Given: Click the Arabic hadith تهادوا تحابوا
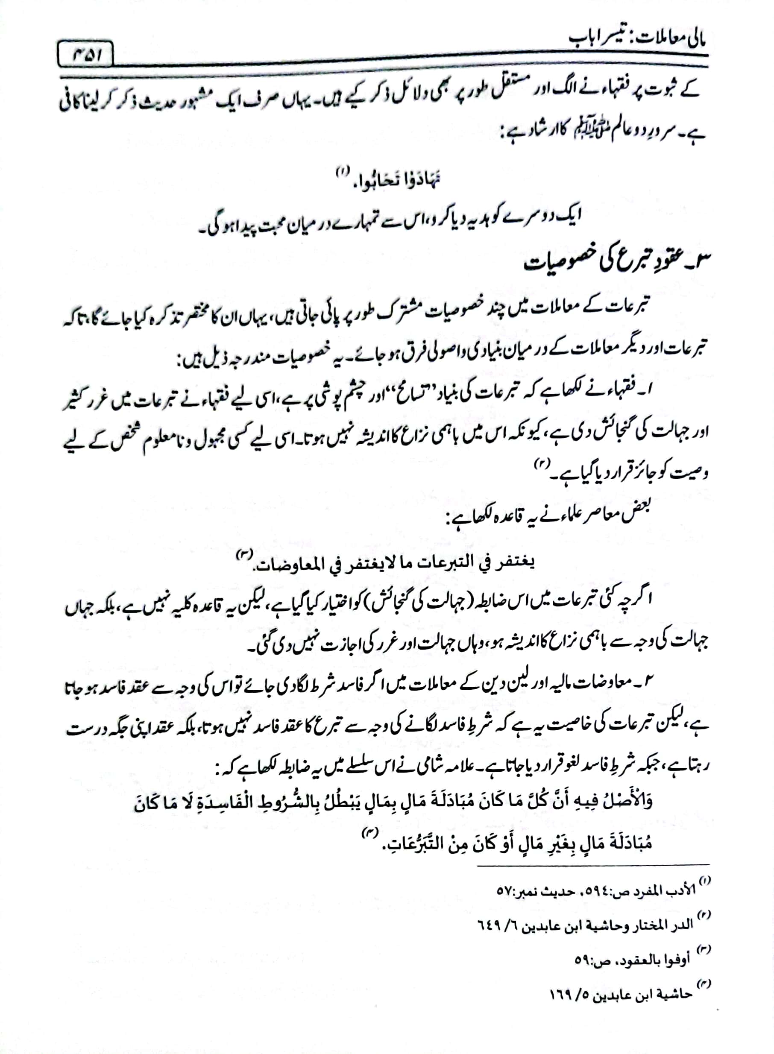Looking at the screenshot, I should click(x=397, y=180).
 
